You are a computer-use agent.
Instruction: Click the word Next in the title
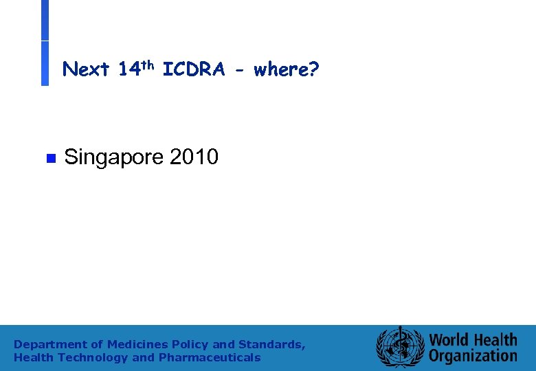click(x=86, y=69)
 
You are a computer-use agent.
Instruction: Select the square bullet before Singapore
click(x=49, y=159)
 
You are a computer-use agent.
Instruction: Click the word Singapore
click(x=113, y=157)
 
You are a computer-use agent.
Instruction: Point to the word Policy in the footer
click(x=190, y=344)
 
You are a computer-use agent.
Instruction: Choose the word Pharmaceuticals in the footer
click(x=210, y=357)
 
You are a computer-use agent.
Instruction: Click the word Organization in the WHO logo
click(x=473, y=356)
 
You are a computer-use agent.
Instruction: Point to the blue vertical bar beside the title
click(x=45, y=43)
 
